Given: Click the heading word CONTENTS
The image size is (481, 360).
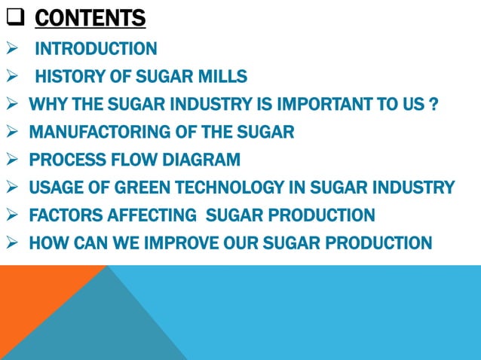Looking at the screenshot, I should click(90, 17).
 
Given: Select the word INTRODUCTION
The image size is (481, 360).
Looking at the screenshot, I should click(97, 50).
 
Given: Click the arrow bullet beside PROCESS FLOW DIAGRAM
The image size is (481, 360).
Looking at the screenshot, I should click(12, 160).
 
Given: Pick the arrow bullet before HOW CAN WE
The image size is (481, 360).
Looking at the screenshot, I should click(12, 243).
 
